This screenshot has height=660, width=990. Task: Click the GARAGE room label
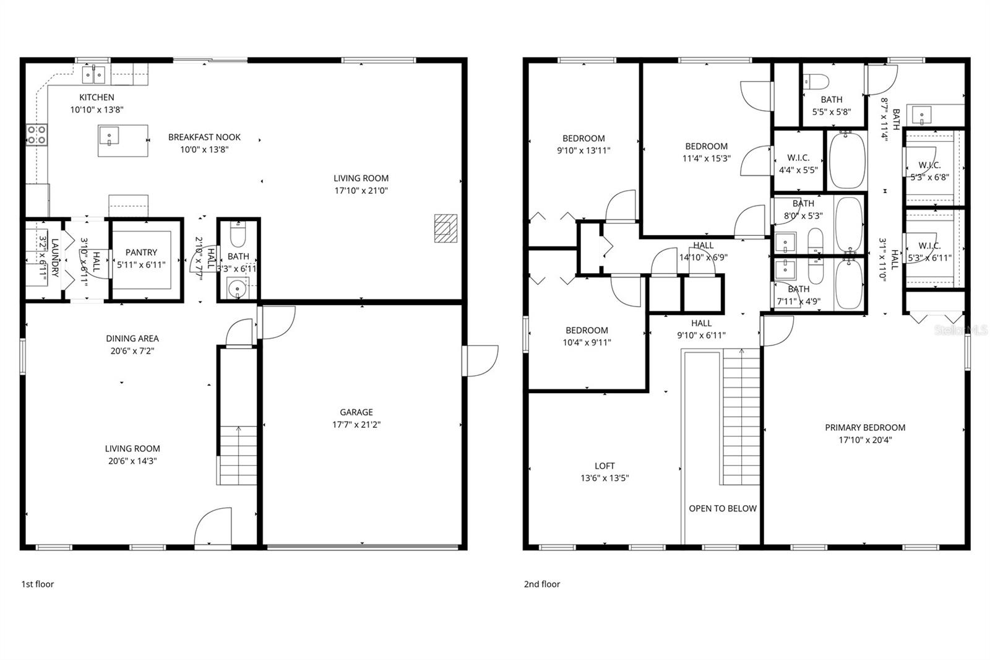point(356,412)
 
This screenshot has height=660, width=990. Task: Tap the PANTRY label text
point(141,253)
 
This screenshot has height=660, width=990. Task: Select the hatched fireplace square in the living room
point(445,228)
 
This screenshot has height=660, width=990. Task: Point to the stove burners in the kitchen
point(36,134)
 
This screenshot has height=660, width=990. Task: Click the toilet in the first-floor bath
point(238,235)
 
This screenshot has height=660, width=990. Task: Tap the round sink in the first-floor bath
point(236,288)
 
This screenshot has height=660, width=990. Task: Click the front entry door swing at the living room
point(213,526)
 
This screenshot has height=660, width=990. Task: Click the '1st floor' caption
point(38,584)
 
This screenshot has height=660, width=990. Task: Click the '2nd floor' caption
point(542,584)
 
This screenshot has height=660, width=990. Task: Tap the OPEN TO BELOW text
point(723,508)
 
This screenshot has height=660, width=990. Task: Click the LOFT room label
point(605,466)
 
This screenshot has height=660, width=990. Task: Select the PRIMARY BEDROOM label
point(864,428)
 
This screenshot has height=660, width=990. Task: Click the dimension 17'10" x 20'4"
point(864,441)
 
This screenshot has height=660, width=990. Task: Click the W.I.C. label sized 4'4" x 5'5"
point(798,158)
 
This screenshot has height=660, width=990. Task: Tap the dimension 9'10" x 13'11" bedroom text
point(583,150)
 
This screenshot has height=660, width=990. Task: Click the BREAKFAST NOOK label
point(204,137)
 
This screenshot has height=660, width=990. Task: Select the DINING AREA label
point(132,339)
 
